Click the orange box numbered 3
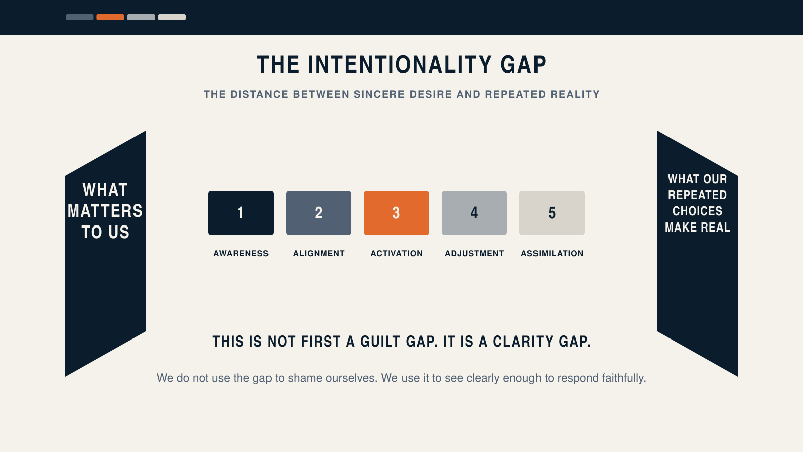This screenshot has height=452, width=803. point(396,213)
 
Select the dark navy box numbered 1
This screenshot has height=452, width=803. point(241,213)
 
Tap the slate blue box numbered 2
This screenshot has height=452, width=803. point(319,213)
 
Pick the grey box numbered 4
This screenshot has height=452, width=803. point(474,213)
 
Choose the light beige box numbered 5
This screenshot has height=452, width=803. point(552,213)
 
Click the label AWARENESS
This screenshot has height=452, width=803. point(241,253)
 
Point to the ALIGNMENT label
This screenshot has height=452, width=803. point(319,253)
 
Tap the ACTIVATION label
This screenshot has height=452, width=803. point(396,253)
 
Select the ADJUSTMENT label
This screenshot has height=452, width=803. point(474,253)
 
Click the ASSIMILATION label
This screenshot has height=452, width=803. point(552,253)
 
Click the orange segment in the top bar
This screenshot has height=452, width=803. point(110,17)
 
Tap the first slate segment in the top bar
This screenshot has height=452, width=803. point(80,17)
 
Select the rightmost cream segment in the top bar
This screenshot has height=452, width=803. point(172,17)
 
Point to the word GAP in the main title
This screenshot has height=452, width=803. point(523,65)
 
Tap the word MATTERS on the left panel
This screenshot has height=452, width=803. point(105,211)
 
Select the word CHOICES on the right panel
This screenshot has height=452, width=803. point(697,211)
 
